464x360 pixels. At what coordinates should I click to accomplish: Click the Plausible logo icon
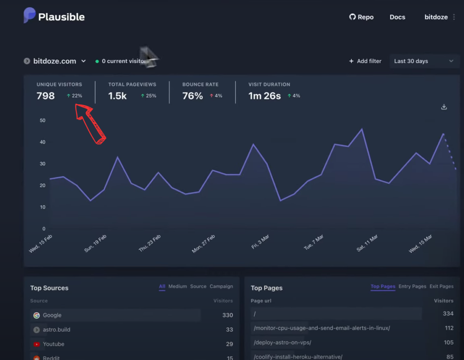(x=29, y=16)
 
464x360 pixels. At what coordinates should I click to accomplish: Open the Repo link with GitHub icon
(x=361, y=17)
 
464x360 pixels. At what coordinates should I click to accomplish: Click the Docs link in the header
(x=397, y=17)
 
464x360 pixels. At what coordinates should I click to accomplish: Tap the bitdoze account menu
(x=440, y=17)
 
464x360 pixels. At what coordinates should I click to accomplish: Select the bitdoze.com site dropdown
(x=55, y=61)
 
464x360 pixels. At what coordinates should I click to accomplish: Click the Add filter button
(x=365, y=61)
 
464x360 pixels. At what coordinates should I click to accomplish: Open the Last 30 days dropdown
(x=424, y=61)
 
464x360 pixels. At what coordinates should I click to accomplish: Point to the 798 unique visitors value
(x=45, y=96)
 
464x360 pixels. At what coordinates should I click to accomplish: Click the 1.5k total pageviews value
(x=117, y=96)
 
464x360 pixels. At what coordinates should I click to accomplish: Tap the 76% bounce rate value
(x=192, y=96)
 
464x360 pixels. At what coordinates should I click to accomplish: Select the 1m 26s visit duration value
(x=264, y=96)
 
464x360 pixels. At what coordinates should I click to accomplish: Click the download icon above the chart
(x=444, y=107)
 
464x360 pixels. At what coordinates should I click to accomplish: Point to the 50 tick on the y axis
(x=43, y=120)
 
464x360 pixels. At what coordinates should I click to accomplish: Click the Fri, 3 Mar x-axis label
(x=260, y=242)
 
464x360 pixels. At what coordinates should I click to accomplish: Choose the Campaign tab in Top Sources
(x=221, y=287)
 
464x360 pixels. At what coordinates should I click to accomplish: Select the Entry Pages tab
(x=412, y=287)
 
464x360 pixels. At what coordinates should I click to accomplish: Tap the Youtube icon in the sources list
(x=36, y=344)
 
